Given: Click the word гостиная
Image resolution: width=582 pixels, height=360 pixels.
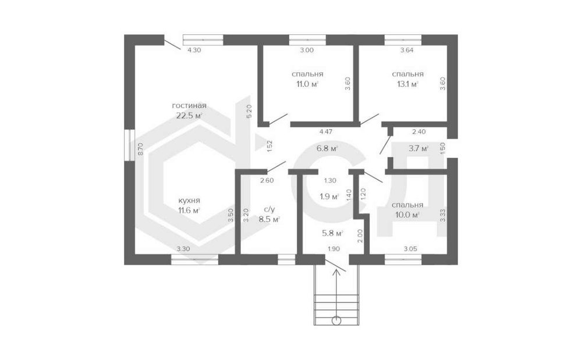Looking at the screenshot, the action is [189, 106].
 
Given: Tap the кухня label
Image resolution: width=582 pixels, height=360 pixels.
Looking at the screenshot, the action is [189, 201].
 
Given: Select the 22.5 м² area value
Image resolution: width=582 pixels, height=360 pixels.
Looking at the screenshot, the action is [189, 116].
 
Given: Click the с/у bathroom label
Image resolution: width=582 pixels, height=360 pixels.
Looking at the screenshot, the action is [269, 209].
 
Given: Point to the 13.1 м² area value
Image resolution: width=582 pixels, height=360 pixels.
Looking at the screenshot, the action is [407, 84].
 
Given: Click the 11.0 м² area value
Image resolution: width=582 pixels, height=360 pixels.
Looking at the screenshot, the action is [307, 84].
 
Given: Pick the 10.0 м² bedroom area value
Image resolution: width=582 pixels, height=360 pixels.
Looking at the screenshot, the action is [407, 215].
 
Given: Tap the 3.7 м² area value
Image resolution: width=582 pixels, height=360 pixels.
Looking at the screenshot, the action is [418, 149].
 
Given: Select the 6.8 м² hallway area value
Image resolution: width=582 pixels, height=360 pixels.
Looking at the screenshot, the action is [327, 149].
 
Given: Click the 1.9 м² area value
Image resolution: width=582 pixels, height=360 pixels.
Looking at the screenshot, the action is [329, 197].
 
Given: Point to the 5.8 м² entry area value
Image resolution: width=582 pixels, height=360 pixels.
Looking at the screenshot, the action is [332, 233].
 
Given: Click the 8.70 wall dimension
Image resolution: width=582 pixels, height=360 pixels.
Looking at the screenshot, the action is [140, 149].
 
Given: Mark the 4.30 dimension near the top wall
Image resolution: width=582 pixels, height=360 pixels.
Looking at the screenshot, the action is [194, 50].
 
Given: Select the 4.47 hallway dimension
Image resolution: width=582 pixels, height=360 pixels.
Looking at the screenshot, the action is [326, 131].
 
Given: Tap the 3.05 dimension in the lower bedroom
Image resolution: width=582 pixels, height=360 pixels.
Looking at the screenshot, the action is [410, 249].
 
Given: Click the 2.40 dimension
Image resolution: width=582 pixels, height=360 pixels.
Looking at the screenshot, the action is [418, 131].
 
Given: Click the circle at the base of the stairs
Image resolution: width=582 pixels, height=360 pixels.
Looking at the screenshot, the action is [336, 320].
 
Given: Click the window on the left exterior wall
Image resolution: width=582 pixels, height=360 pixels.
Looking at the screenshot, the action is [130, 145].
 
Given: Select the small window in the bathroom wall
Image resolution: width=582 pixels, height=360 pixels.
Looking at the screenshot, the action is [286, 259].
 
